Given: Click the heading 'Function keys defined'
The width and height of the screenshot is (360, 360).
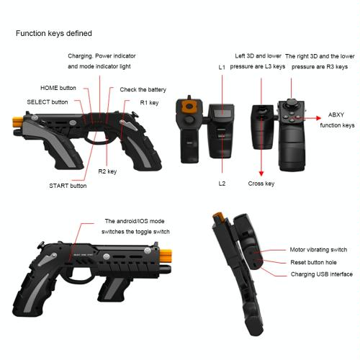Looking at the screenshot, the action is [54, 33].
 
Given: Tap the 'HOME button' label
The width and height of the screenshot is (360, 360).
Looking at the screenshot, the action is [58, 88].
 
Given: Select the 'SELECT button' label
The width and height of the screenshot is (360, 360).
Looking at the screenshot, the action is [48, 102].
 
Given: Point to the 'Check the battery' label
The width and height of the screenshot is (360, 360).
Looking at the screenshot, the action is [143, 90].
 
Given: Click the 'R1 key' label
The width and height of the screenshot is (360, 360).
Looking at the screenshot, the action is [149, 103].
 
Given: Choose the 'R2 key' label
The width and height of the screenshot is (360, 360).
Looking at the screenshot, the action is [107, 171].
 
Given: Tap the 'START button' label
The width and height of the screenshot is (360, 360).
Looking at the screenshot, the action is [68, 186].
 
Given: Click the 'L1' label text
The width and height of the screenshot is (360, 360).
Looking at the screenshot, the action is [222, 68].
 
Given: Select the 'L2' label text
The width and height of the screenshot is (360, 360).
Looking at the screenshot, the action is [222, 184].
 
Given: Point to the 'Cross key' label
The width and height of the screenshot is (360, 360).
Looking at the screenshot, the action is [261, 184].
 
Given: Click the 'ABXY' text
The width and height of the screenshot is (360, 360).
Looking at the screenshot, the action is [336, 115].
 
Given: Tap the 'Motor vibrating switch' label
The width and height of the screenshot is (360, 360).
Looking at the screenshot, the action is [318, 250].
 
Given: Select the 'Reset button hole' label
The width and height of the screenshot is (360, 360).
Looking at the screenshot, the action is [313, 262].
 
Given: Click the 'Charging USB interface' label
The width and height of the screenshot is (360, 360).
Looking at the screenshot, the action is [322, 274].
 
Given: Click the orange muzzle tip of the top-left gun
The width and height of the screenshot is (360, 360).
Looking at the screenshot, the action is [17, 122].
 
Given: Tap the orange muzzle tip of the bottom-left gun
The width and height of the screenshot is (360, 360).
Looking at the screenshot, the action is [166, 256].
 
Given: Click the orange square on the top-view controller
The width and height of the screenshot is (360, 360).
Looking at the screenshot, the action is [189, 107].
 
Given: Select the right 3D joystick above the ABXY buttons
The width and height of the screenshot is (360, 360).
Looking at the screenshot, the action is [291, 104].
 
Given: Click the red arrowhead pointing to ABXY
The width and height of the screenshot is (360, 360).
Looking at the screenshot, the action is [318, 118].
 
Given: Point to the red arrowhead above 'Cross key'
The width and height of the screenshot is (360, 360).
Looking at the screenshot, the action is [261, 174].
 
